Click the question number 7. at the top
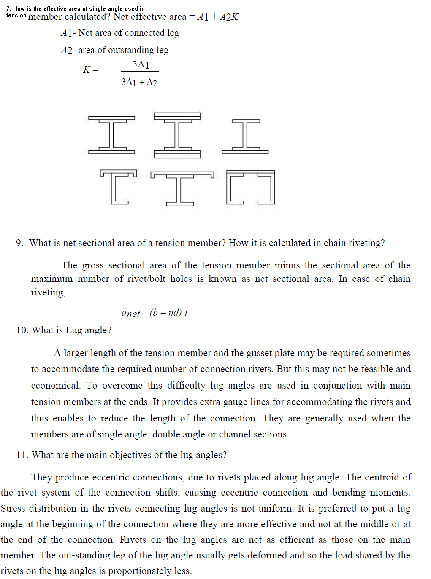coord(9,8)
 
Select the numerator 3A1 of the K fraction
coord(141,64)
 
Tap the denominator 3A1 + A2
coord(139,82)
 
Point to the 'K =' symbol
coord(90,70)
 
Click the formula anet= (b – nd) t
coord(155,313)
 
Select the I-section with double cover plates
coord(177,135)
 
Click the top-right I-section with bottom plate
coord(245,136)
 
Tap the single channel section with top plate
coord(119,187)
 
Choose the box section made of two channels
coord(250,187)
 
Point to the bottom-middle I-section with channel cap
coord(182,188)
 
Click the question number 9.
coord(19,243)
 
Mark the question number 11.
coord(22,455)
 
